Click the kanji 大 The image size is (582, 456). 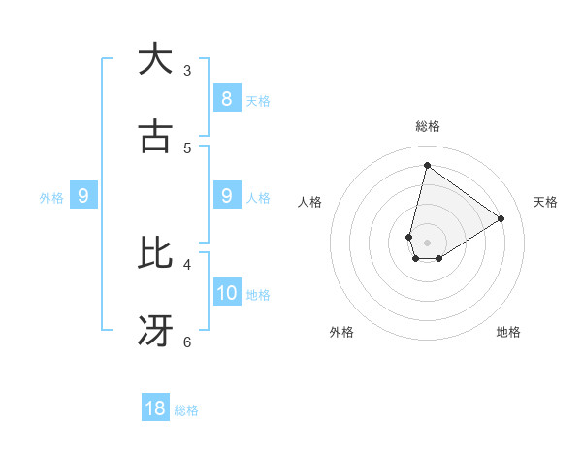click(x=155, y=59)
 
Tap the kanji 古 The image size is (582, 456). click(x=155, y=137)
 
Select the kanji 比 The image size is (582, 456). click(x=155, y=253)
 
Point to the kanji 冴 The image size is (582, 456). click(x=155, y=331)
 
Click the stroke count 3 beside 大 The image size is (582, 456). click(x=187, y=70)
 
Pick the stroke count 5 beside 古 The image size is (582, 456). click(x=187, y=147)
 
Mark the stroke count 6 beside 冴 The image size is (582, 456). click(x=187, y=342)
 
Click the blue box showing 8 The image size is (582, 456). click(x=226, y=98)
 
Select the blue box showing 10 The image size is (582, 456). click(x=227, y=292)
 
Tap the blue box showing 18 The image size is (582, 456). click(x=155, y=408)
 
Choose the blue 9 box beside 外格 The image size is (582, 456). click(x=83, y=196)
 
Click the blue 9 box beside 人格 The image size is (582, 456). click(x=226, y=196)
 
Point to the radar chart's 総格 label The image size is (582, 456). click(x=427, y=126)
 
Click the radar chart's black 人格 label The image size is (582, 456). click(x=309, y=202)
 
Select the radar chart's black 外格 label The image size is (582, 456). click(x=341, y=332)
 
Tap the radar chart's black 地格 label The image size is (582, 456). click(x=508, y=332)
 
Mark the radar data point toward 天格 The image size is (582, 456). click(x=501, y=218)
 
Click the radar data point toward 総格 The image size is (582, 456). click(x=427, y=165)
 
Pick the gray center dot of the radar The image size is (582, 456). click(x=427, y=243)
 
